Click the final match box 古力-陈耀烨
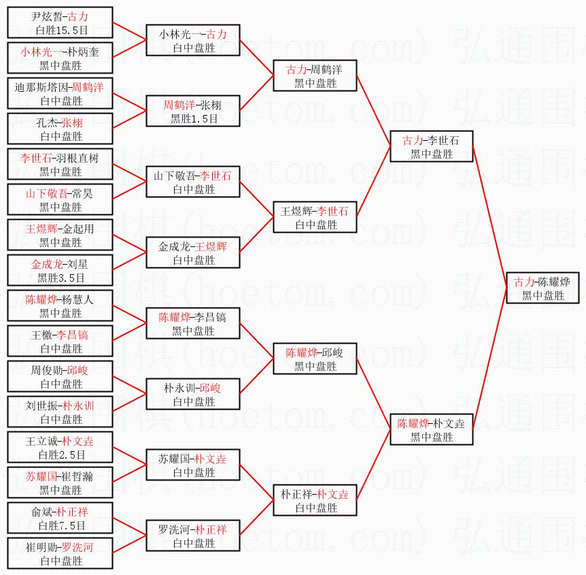pos(542,288)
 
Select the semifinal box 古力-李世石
pos(432,146)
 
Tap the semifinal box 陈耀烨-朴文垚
pos(432,429)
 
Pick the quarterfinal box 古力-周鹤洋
pos(315,76)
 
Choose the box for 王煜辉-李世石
pos(315,217)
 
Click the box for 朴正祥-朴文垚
pos(315,500)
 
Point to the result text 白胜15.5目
pos(62,31)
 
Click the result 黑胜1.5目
pos(194,118)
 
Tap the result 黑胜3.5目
pos(61,278)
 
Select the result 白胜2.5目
pos(62,455)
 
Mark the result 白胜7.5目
pos(62,525)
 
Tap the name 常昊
pos(82,193)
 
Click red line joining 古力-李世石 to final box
pos(489,217)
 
